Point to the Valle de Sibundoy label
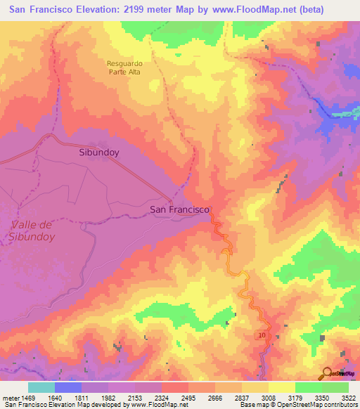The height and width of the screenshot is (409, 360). [x=33, y=231]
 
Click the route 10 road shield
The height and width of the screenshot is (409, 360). [x=262, y=337]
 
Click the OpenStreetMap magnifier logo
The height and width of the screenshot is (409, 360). [x=328, y=373]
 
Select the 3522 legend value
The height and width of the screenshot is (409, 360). [x=349, y=397]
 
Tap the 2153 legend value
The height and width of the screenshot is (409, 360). [x=134, y=397]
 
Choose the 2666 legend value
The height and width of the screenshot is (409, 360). [x=215, y=397]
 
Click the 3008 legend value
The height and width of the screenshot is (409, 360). [x=269, y=397]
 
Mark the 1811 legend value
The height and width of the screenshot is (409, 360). [x=81, y=397]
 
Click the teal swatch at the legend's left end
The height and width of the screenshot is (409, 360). [x=41, y=387]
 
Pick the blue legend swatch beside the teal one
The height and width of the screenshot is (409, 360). [x=68, y=387]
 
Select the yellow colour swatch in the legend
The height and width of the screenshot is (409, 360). [x=282, y=387]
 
